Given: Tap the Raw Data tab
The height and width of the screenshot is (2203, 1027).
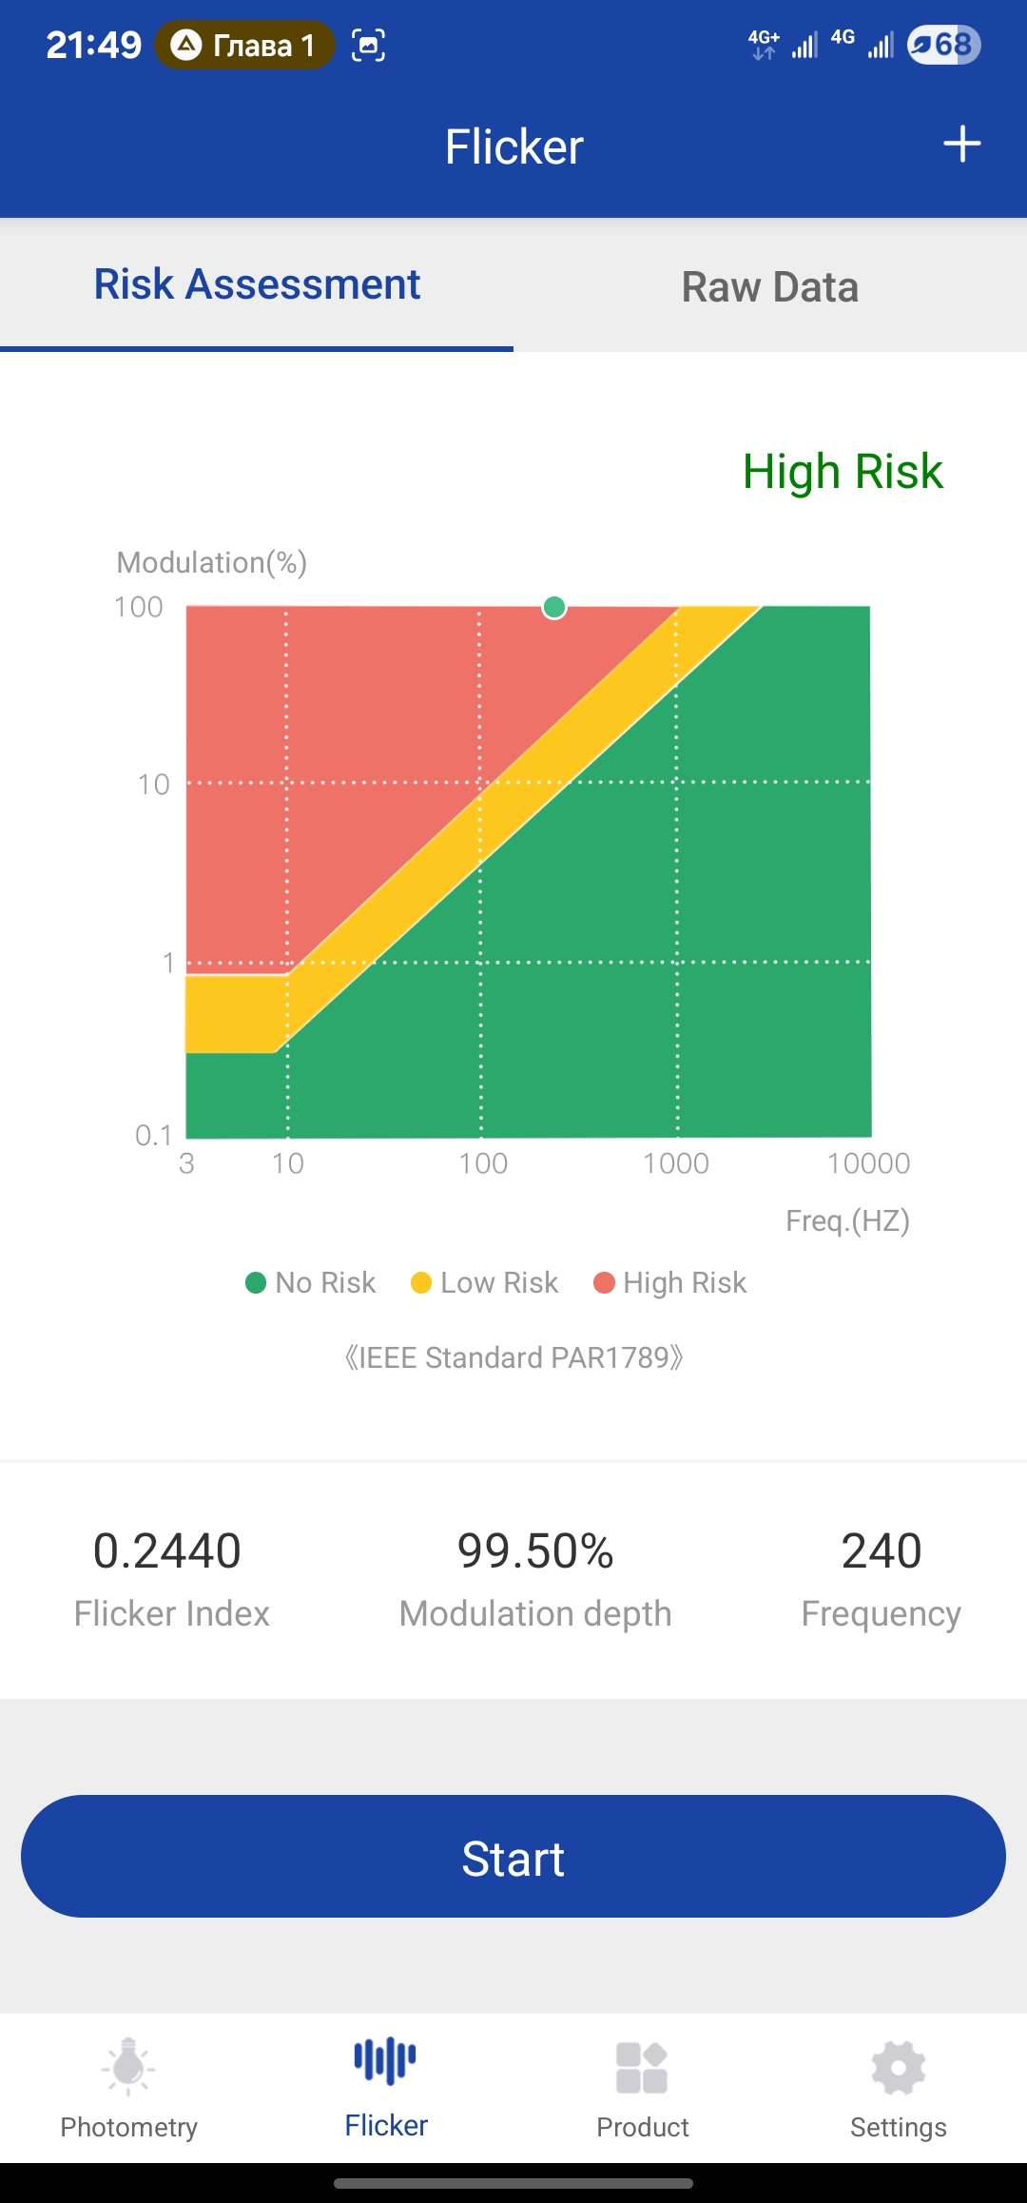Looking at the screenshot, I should (x=769, y=286).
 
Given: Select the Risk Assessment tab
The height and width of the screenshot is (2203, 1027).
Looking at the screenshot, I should (x=257, y=284).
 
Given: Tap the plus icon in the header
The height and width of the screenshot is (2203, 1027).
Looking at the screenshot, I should (x=961, y=145).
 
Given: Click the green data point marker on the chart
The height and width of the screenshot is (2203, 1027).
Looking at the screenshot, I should (x=554, y=607).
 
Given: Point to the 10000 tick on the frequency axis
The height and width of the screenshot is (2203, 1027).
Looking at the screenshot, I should (x=868, y=1163).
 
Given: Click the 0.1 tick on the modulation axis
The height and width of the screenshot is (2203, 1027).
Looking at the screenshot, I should (x=153, y=1135).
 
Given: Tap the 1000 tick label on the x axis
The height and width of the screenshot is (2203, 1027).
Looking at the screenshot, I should (x=676, y=1163).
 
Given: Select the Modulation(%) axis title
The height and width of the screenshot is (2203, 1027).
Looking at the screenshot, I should (x=211, y=562).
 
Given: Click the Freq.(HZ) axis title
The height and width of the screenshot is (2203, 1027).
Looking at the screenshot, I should (x=847, y=1220).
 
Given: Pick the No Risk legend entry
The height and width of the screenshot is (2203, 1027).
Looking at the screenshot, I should (x=311, y=1283).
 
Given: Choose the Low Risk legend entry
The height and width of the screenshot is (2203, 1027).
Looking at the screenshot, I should (x=485, y=1283).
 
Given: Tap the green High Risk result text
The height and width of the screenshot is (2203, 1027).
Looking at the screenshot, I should (x=843, y=472).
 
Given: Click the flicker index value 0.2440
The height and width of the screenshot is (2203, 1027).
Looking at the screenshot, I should (x=167, y=1550).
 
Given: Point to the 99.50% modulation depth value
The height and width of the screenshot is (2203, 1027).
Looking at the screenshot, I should (x=535, y=1550).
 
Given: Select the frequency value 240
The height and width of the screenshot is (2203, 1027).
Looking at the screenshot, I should (x=882, y=1550).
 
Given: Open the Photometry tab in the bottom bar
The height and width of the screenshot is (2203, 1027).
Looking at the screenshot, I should (x=129, y=2088).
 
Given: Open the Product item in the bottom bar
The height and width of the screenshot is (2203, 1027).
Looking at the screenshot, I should (x=643, y=2088).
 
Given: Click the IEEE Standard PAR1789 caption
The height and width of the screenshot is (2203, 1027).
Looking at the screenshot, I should (x=513, y=1357).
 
